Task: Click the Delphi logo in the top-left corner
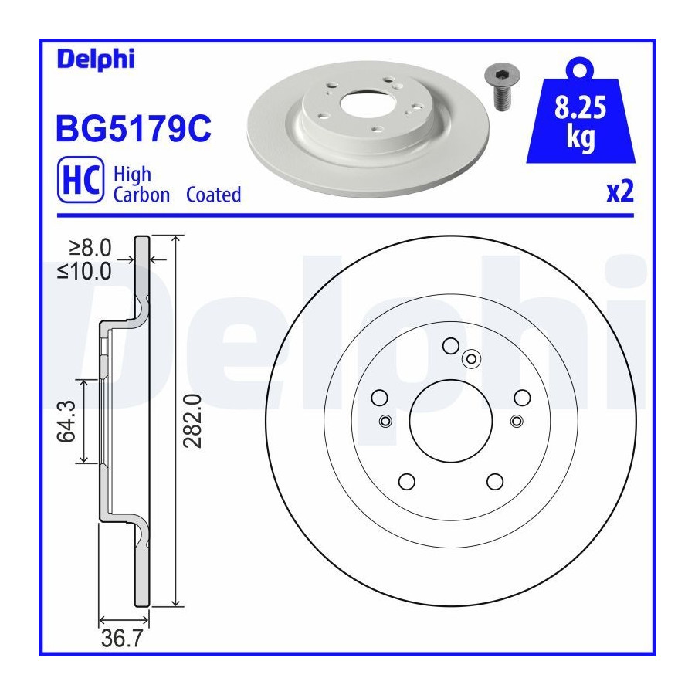click(x=95, y=59)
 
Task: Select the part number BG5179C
click(x=134, y=128)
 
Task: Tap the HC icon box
click(x=80, y=179)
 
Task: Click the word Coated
click(x=213, y=195)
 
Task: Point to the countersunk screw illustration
click(x=501, y=86)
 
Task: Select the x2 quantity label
click(x=620, y=192)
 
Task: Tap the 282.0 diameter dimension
click(x=193, y=421)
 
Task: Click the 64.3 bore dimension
click(x=66, y=421)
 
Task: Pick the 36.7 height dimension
click(x=122, y=639)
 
